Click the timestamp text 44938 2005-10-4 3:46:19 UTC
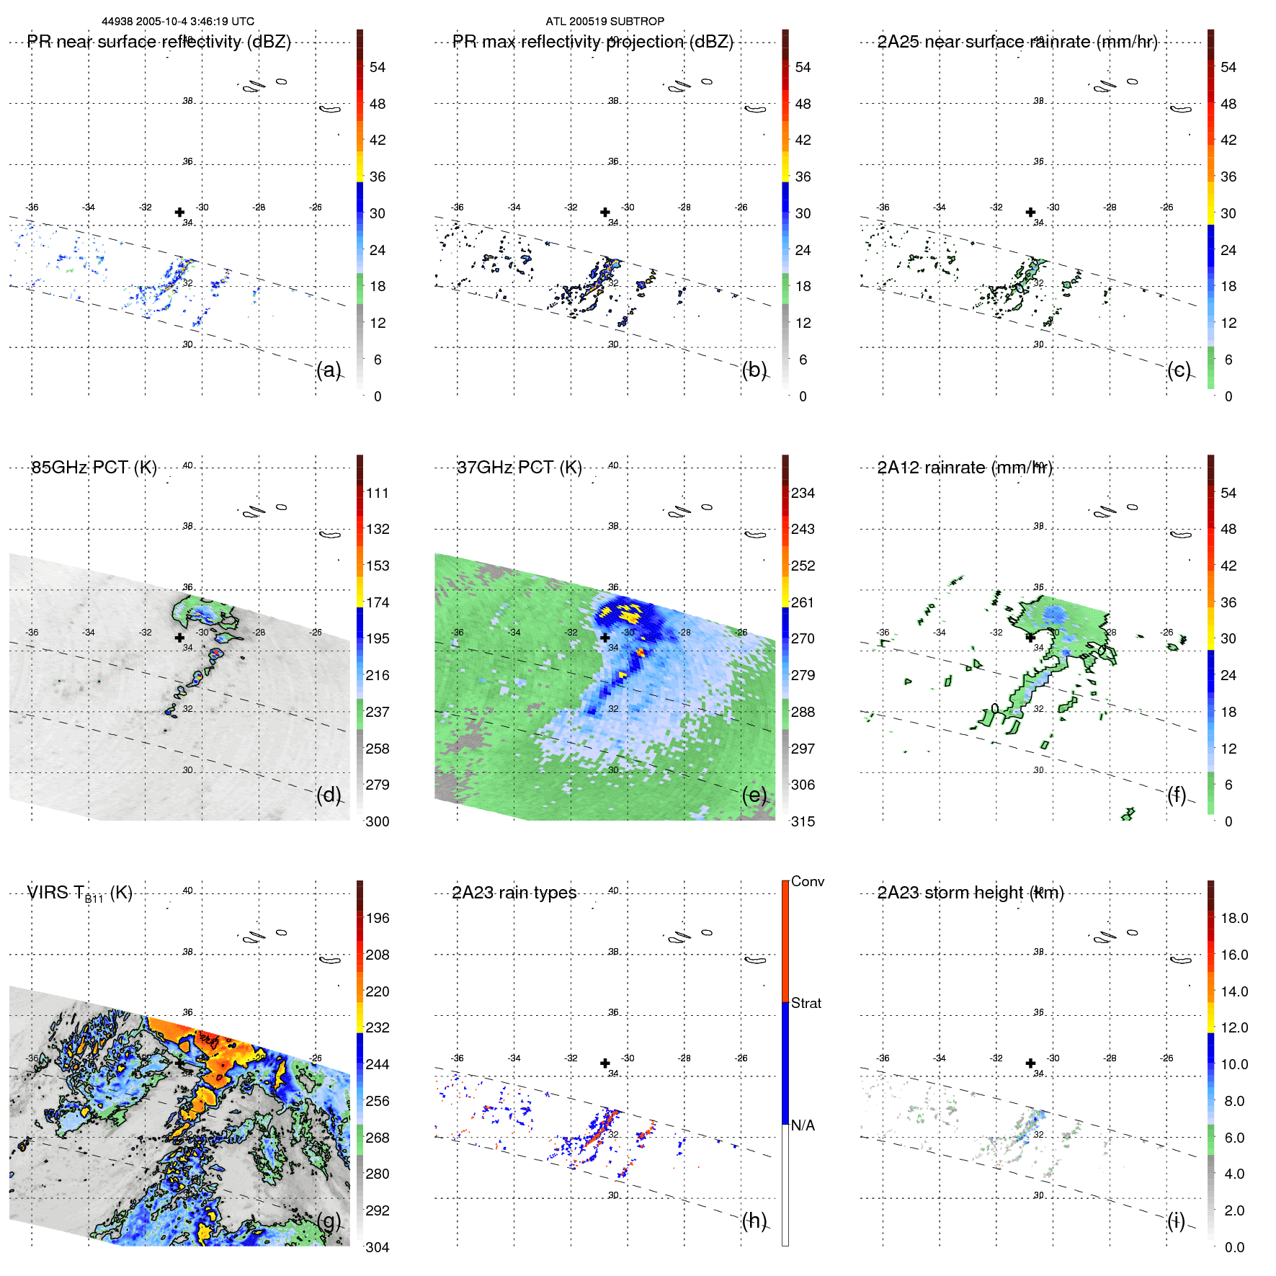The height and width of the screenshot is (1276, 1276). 178,22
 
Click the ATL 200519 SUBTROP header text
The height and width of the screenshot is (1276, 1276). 604,22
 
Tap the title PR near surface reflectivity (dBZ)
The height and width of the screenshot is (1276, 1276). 159,42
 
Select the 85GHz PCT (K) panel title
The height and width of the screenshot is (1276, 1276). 94,468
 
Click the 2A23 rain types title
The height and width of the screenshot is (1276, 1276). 514,893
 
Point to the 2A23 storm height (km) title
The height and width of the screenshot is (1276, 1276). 971,893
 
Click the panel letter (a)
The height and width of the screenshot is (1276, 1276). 329,370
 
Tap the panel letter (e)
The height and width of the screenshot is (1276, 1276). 754,795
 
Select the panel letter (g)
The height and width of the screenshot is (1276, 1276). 329,1221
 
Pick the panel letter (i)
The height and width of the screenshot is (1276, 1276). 1176,1221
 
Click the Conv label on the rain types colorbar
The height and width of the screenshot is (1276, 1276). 808,881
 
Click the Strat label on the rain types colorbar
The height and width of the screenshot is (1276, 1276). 806,1003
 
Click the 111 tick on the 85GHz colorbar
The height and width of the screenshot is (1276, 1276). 378,494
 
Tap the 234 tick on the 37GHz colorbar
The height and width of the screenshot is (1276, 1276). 803,494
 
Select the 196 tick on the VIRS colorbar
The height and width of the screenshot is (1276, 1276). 378,919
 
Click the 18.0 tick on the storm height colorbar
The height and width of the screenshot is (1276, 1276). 1234,919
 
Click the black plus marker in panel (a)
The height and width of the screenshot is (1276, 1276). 179,212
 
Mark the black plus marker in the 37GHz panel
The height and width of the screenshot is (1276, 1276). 605,638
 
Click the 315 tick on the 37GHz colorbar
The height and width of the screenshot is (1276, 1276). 803,821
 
